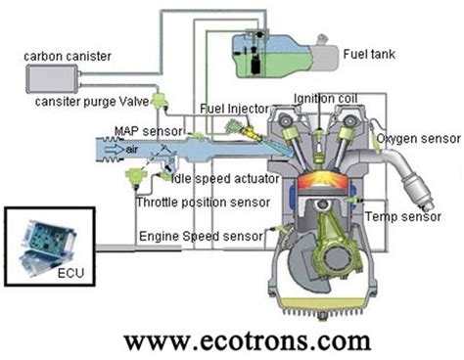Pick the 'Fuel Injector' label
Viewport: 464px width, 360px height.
click(232, 109)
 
